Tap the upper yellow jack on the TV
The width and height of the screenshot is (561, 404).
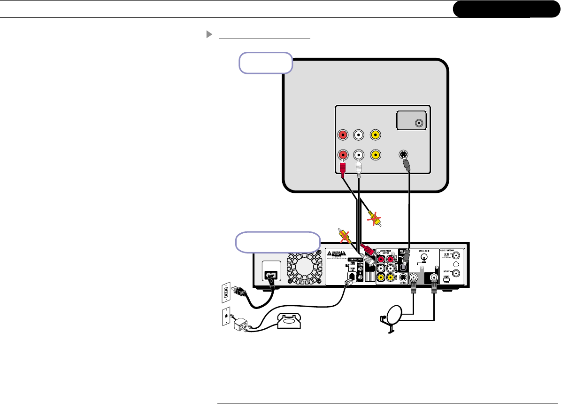click(375, 135)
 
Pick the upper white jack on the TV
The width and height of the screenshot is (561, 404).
click(359, 135)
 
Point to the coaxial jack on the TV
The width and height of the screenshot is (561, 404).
click(418, 124)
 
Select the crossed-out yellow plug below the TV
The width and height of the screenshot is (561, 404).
click(374, 217)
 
